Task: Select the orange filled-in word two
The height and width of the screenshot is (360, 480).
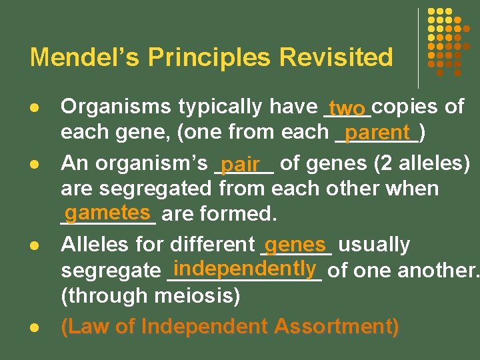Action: pos(347,108)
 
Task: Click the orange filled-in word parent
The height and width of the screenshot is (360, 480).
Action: pos(381,132)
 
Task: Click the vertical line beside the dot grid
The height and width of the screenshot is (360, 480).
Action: pos(418,48)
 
